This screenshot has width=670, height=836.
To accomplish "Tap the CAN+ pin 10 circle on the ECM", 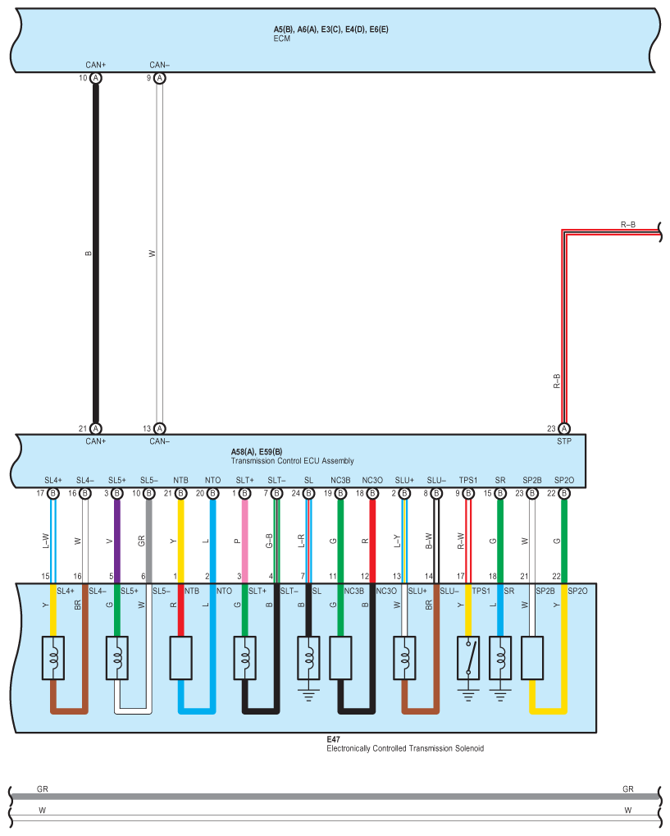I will point(96,78).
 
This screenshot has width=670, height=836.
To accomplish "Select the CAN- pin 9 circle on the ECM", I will point(160,78).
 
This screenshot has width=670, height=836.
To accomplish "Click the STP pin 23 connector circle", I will point(563,428).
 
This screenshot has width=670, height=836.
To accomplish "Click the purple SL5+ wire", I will point(116,537).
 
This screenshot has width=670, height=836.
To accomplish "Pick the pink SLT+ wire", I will point(244,537).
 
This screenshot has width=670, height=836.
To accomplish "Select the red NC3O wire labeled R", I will point(372,537).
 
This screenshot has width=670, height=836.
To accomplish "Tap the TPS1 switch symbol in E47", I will point(468,656).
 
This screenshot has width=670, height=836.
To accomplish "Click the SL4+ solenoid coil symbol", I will point(53,656).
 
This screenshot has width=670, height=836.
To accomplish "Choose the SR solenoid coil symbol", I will point(499,656).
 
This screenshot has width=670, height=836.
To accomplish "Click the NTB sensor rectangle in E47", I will point(180,656).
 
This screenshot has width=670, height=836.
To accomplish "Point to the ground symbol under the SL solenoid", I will point(308,693).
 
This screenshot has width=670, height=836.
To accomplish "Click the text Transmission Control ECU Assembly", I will point(293,461).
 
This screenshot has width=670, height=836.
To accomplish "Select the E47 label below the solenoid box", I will point(333,738).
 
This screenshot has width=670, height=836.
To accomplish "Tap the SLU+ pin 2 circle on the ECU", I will point(404,494).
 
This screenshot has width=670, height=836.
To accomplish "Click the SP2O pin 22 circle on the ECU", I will point(563,494).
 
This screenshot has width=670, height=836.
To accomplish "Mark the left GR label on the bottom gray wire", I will point(43,788).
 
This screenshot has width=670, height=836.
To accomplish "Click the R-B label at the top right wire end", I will point(628,224).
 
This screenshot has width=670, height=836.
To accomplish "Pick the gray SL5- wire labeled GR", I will point(148,537).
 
